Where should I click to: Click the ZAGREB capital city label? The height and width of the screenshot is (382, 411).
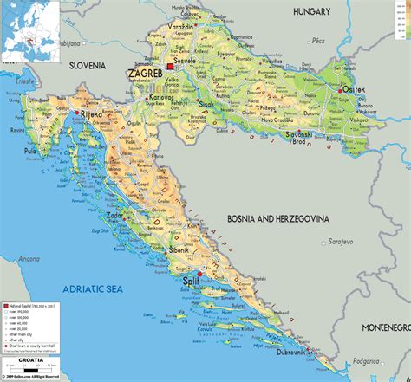click(x=145, y=75)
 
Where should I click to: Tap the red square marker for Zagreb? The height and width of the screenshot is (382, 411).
click(x=170, y=67)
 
